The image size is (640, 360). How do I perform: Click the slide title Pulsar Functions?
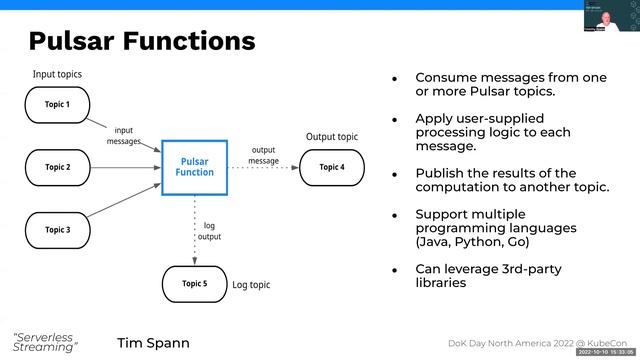coord(142,41)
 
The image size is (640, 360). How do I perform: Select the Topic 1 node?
coord(57,104)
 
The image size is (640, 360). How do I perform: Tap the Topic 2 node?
coord(57,166)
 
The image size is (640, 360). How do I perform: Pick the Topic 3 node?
coord(57,229)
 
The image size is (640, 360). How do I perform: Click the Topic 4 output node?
coord(331,167)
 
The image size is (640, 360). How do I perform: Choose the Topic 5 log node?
coord(195,284)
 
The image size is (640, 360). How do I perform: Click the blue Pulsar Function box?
coord(195,166)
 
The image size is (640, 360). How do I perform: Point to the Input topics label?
coord(57,74)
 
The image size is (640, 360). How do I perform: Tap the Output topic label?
coord(331,137)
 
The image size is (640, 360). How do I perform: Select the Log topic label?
coord(254,285)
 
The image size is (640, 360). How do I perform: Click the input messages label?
coord(124,135)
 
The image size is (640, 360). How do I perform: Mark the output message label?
coord(264,155)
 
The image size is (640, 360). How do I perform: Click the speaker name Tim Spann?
coord(153,343)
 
